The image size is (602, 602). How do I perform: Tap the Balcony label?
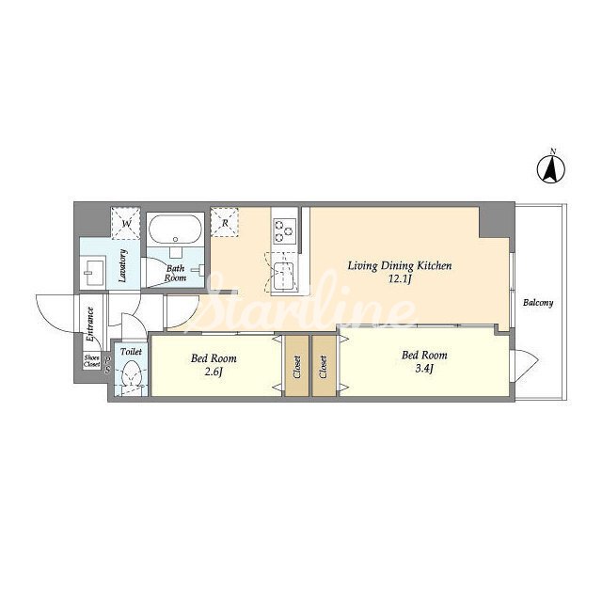[x=538, y=303]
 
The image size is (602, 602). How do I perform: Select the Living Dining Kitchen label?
[x=400, y=266]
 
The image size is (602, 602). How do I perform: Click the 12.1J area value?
[x=400, y=279]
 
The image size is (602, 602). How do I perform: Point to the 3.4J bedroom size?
[x=424, y=369]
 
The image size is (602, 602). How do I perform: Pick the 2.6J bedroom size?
[x=214, y=372]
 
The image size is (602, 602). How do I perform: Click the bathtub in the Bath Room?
[x=176, y=229]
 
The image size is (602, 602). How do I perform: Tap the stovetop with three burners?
[x=284, y=231]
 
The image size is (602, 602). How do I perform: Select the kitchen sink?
[x=284, y=276]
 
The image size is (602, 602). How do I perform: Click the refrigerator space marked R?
[x=225, y=223]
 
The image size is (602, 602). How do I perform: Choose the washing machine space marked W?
[x=126, y=224]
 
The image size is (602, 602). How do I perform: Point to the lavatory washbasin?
[x=94, y=273]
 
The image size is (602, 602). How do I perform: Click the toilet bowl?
[x=132, y=373]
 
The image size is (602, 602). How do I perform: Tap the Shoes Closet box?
[x=92, y=361]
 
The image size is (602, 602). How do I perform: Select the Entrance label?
[x=90, y=325]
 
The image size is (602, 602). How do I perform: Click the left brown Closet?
[x=297, y=367]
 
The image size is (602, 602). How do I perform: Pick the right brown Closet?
[x=324, y=367]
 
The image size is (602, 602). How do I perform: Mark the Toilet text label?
[x=131, y=351]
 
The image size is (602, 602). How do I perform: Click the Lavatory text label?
[x=123, y=265]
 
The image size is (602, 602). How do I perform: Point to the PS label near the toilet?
[x=108, y=366]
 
